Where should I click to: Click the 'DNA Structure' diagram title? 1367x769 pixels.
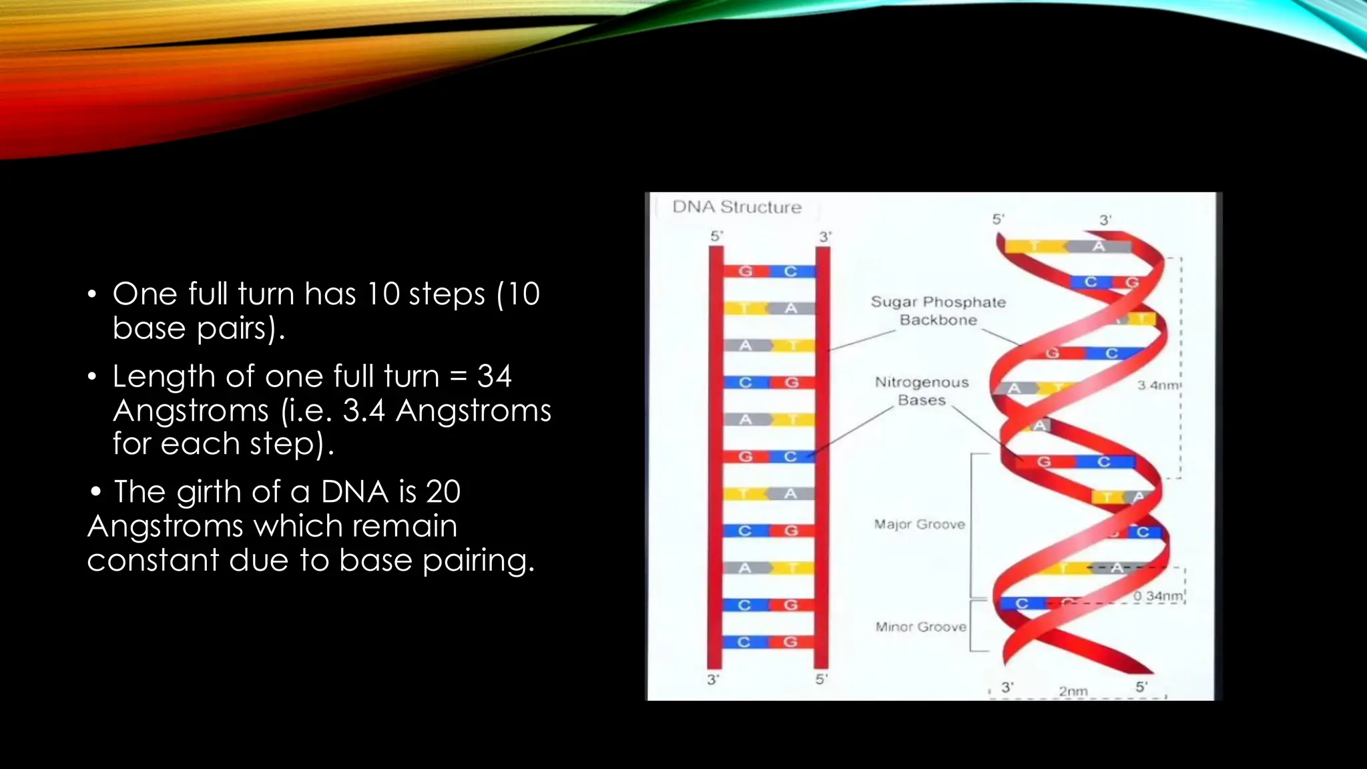[736, 207]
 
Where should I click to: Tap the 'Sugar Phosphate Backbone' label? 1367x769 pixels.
[938, 311]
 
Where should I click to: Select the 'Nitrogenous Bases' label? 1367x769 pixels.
[922, 391]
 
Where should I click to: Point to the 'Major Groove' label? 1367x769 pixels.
[920, 525]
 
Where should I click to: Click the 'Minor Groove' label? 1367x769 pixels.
[920, 627]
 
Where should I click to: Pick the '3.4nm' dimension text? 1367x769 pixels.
[1159, 385]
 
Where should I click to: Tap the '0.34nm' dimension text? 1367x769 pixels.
[1159, 595]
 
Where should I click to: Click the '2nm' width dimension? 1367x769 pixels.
[1073, 691]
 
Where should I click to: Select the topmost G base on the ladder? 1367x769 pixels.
[746, 271]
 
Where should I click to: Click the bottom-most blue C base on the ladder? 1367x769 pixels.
[744, 642]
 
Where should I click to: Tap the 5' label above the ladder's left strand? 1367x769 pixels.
[716, 236]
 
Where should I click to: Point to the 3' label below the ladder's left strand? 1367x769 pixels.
[713, 680]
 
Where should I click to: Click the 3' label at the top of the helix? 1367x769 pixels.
[1105, 220]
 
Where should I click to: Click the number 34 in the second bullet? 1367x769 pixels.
[494, 376]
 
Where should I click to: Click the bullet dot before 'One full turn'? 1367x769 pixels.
[92, 294]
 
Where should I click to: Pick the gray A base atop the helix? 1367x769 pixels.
[1099, 246]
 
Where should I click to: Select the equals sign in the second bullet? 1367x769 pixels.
[458, 376]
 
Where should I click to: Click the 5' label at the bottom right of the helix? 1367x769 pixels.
[1141, 687]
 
